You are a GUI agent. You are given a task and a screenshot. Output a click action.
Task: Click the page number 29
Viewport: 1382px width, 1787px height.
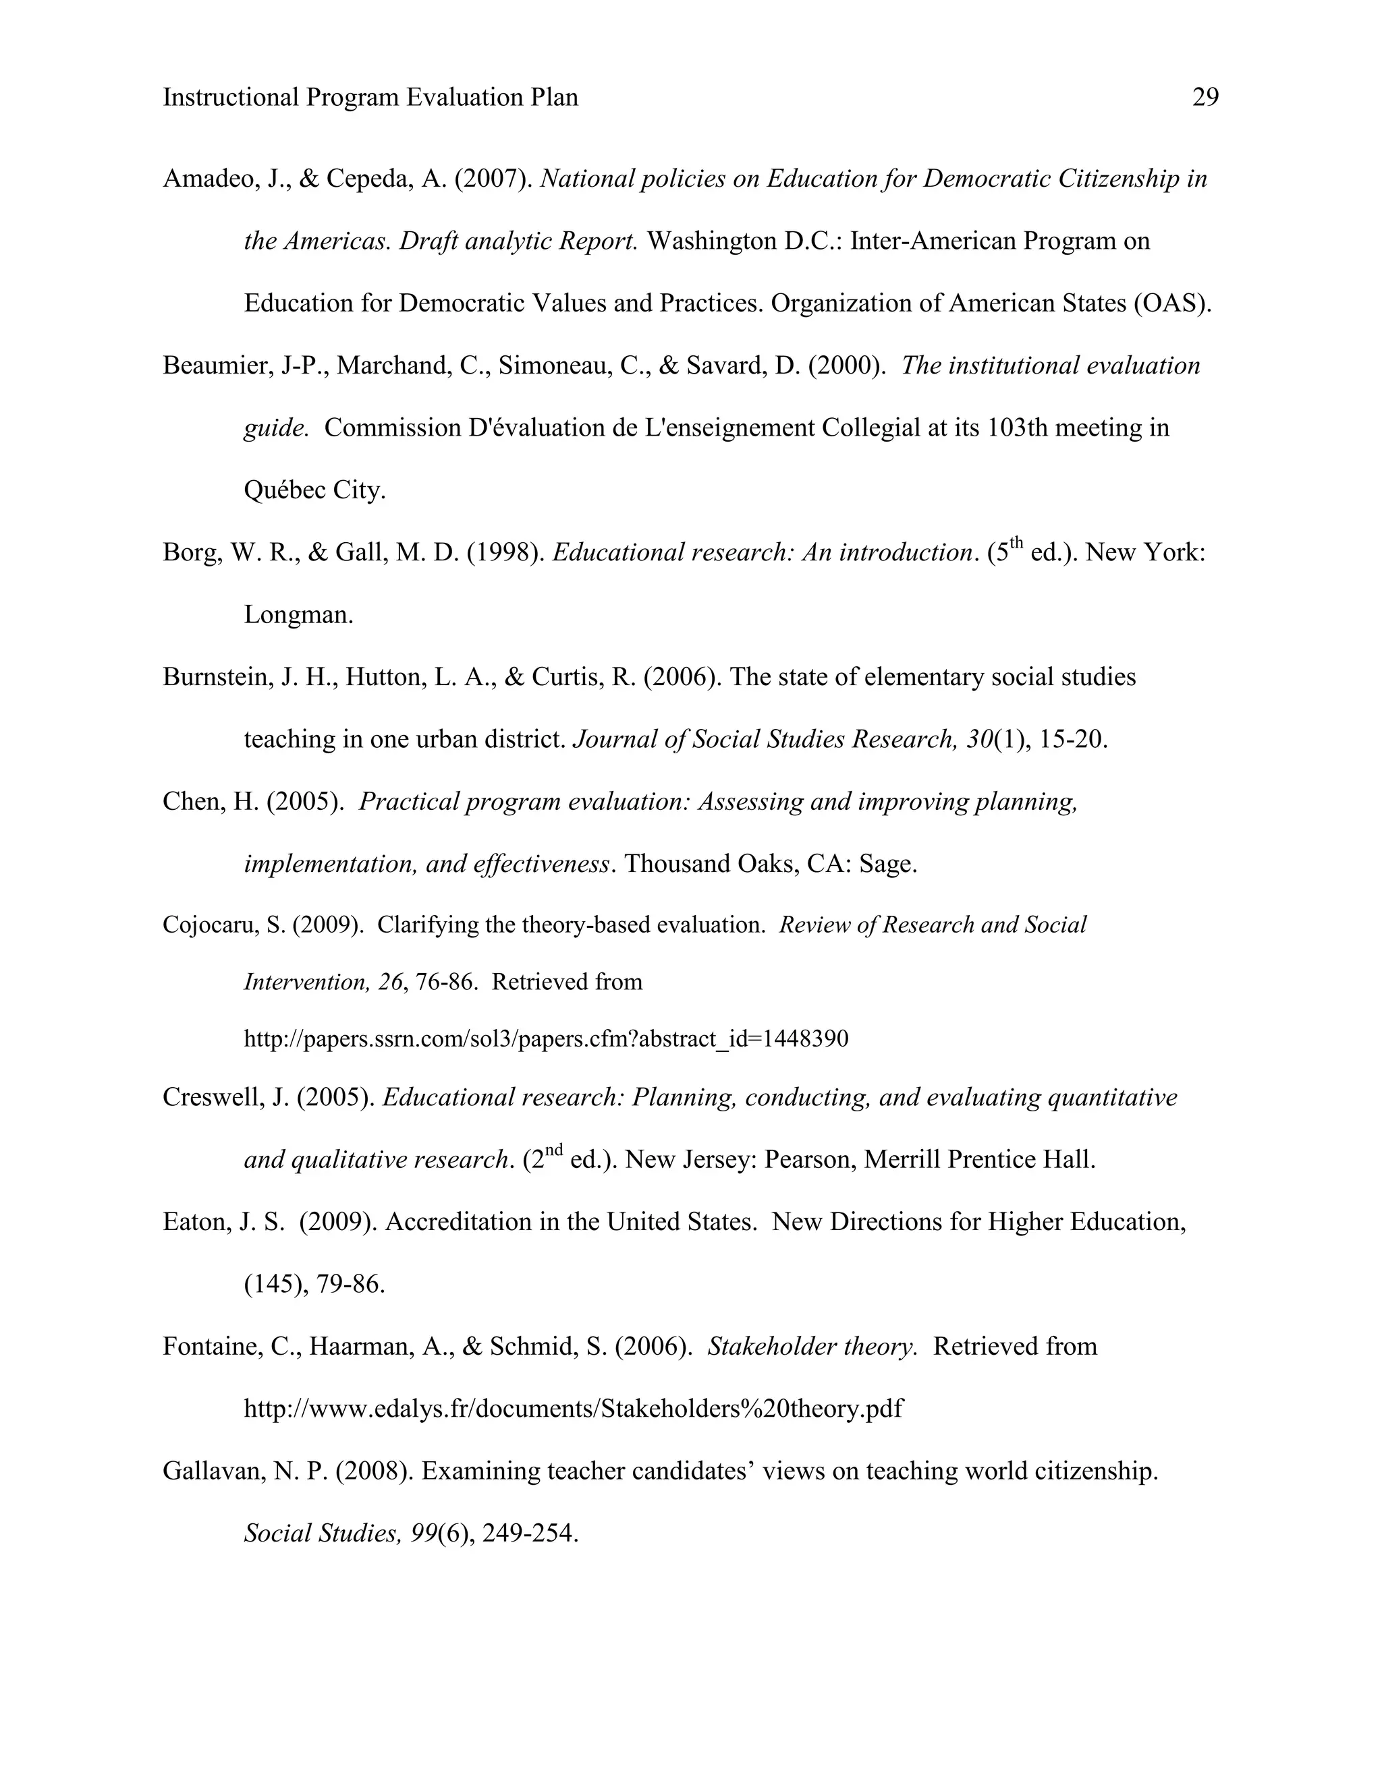pyautogui.click(x=1205, y=97)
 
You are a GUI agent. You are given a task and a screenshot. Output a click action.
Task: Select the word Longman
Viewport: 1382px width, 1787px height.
pyautogui.click(x=298, y=614)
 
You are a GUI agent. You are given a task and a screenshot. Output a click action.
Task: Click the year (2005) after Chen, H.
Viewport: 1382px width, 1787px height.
pyautogui.click(x=304, y=801)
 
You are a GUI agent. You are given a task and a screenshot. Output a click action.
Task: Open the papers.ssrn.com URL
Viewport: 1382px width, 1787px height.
pyautogui.click(x=546, y=1039)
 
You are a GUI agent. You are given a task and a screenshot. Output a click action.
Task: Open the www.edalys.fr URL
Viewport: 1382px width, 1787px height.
pyautogui.click(x=573, y=1408)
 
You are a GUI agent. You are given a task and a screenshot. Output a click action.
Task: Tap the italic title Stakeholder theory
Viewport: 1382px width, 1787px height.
pyautogui.click(x=811, y=1346)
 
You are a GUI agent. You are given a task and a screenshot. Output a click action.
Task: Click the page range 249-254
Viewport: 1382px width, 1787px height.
pyautogui.click(x=530, y=1533)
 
